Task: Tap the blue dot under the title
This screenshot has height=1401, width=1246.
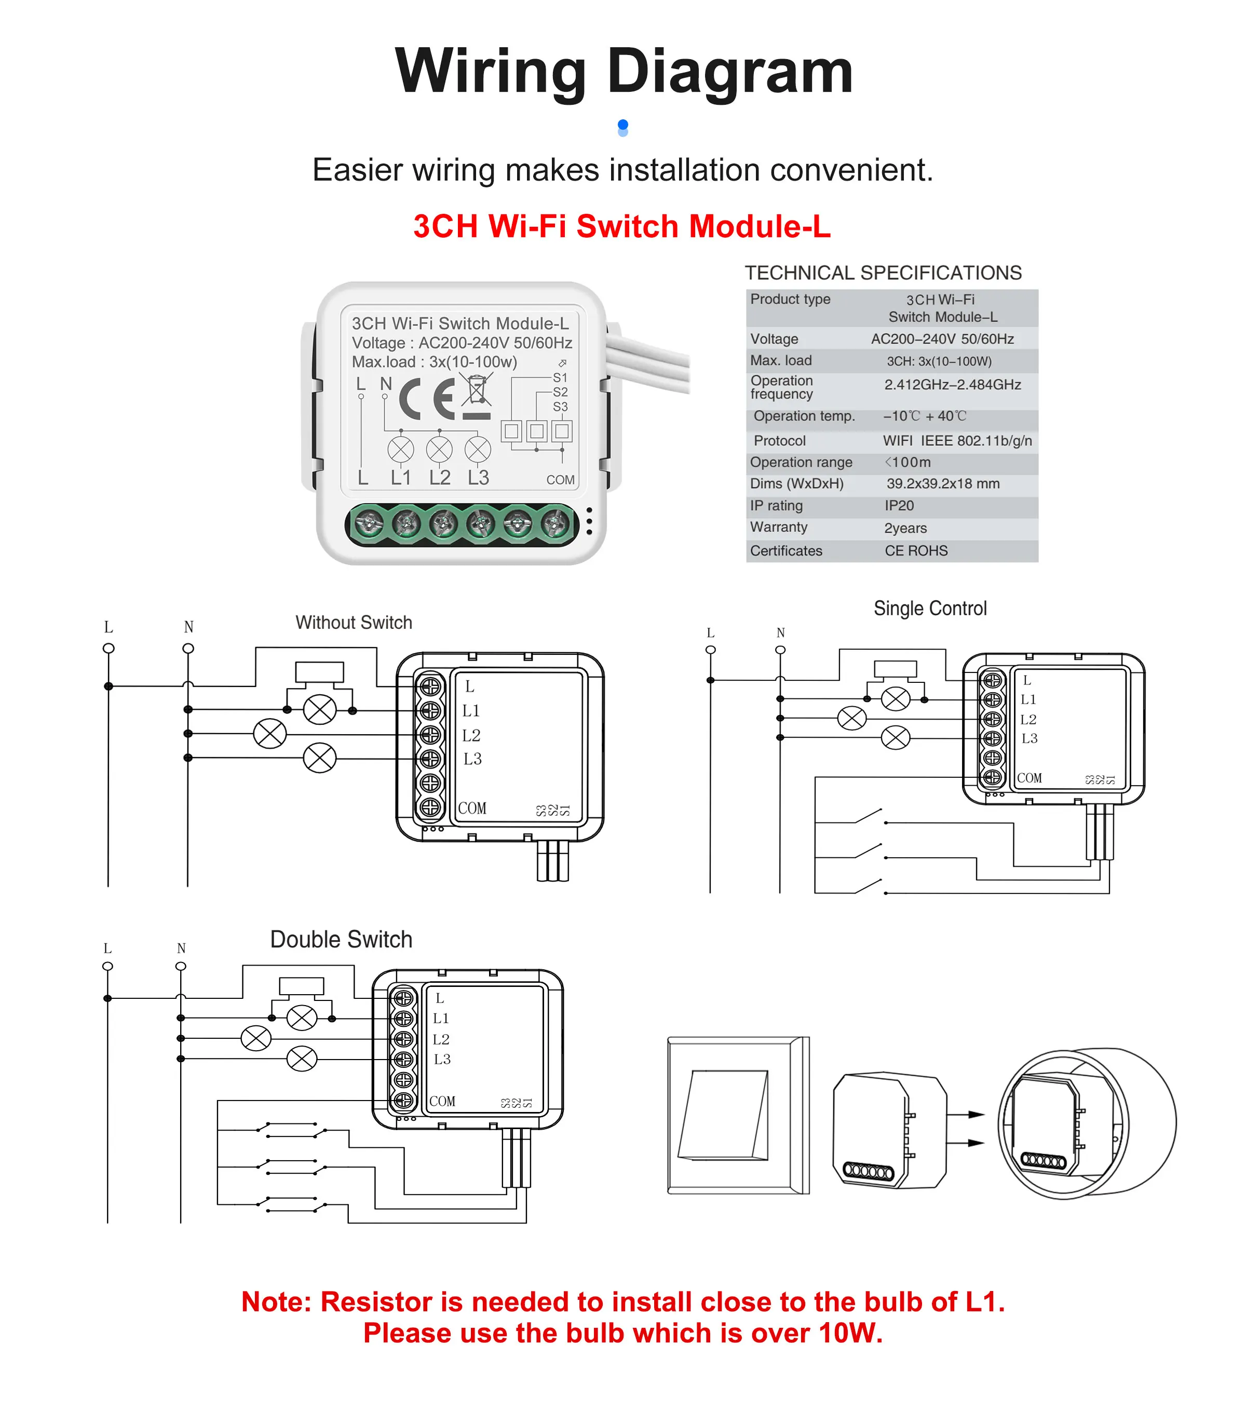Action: (x=622, y=125)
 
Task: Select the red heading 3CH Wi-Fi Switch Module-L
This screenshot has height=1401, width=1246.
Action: (x=622, y=226)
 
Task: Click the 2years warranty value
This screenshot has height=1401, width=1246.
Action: (x=905, y=528)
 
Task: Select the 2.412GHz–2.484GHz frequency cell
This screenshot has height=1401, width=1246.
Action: (x=952, y=384)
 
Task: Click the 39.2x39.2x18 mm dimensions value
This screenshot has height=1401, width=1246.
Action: (x=943, y=484)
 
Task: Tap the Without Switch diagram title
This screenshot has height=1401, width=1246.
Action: (x=354, y=622)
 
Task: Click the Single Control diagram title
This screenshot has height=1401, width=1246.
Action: (x=930, y=608)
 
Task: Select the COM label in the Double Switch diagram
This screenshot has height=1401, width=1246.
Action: (x=442, y=1101)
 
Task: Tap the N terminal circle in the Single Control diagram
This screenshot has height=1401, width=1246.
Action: (x=780, y=650)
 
